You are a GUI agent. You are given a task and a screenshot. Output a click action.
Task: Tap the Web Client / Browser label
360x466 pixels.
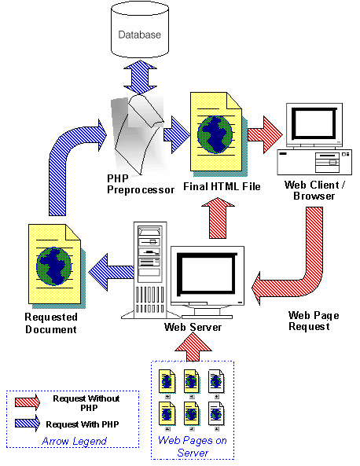[314, 189]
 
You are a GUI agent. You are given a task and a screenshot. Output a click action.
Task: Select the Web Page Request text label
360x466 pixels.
[314, 320]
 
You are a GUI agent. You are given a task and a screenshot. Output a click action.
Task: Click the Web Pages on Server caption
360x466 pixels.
[193, 446]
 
